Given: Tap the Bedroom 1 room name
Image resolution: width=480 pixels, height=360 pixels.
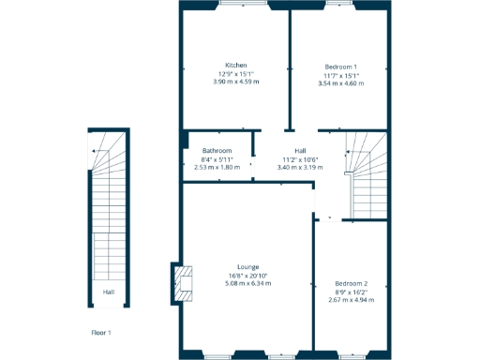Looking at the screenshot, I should pyautogui.click(x=340, y=67).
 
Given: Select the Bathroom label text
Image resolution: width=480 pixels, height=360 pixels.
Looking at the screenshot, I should pyautogui.click(x=217, y=150).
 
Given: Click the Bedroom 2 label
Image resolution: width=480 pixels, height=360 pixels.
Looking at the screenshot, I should pyautogui.click(x=352, y=283).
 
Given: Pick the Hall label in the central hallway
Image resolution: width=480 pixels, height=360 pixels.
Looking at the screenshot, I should pyautogui.click(x=300, y=150).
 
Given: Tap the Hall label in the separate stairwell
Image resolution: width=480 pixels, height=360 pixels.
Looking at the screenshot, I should pyautogui.click(x=109, y=292).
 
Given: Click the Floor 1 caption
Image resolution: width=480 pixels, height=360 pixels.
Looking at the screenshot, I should pyautogui.click(x=101, y=333).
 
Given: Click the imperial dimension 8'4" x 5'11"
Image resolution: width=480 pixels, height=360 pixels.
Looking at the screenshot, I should pyautogui.click(x=217, y=158).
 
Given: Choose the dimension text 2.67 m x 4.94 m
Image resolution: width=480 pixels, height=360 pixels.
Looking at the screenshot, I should pyautogui.click(x=352, y=300).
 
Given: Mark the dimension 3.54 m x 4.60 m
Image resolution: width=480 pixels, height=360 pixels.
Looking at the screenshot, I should pyautogui.click(x=340, y=83).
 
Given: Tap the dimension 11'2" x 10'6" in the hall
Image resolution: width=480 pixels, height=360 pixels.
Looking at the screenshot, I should pyautogui.click(x=300, y=158).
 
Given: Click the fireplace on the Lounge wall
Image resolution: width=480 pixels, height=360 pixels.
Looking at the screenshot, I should pyautogui.click(x=184, y=285).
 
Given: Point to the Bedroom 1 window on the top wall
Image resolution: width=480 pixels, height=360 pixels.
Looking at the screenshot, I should pyautogui.click(x=337, y=5).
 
